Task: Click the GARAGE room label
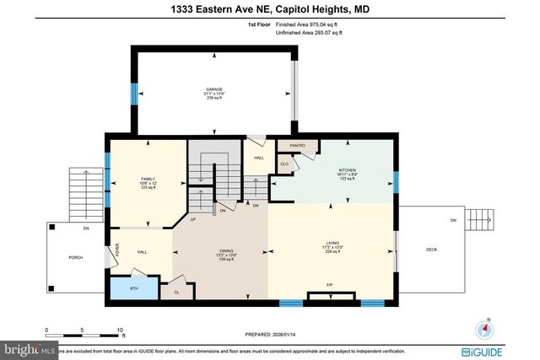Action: click(x=214, y=89)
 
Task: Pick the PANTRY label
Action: click(x=297, y=145)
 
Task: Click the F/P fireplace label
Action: click(x=330, y=285)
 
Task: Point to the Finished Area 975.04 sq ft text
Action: click(x=294, y=25)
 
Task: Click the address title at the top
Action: click(x=269, y=8)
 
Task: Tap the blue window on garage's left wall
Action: click(x=132, y=92)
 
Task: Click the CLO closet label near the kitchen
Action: click(x=284, y=164)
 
